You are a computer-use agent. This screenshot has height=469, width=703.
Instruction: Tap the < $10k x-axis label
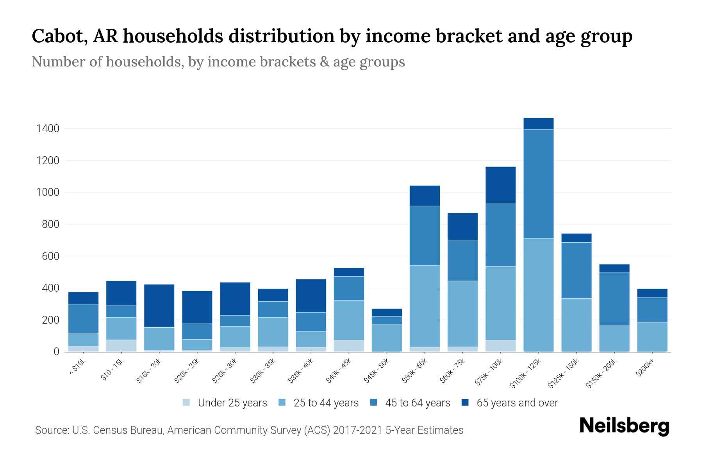pyautogui.click(x=77, y=367)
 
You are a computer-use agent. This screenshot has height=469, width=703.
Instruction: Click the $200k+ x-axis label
pyautogui.click(x=645, y=369)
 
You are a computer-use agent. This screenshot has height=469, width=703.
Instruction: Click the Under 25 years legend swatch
pyautogui.click(x=187, y=403)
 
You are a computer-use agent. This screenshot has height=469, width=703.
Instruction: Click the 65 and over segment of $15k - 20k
pyautogui.click(x=159, y=306)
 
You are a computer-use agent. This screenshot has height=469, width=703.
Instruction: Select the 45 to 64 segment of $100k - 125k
pyautogui.click(x=539, y=184)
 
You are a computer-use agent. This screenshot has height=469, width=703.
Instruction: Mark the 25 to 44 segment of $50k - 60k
pyautogui.click(x=425, y=306)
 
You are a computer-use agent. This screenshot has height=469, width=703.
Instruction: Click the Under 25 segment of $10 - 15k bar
pyautogui.click(x=121, y=345)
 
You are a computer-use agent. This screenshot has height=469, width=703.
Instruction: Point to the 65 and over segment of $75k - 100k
pyautogui.click(x=500, y=185)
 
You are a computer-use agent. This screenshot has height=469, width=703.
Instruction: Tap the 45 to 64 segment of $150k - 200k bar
pyautogui.click(x=614, y=298)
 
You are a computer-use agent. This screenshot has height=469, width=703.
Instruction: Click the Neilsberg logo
pyautogui.click(x=624, y=426)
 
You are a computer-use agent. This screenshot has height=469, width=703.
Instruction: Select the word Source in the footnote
pyautogui.click(x=51, y=430)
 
